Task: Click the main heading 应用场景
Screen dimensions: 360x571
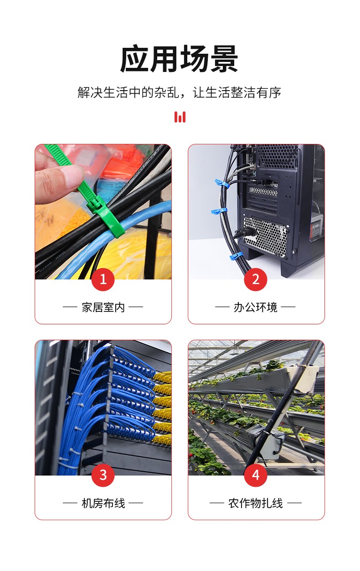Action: (179, 59)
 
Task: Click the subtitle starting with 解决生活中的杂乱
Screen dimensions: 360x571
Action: (180, 92)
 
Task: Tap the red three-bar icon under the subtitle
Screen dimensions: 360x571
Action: (180, 117)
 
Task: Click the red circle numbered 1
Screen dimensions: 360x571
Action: (103, 279)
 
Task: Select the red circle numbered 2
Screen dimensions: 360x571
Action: (256, 279)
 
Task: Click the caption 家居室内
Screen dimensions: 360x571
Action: (103, 307)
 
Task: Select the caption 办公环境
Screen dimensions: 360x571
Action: (255, 307)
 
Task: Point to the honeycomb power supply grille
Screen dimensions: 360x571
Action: (265, 235)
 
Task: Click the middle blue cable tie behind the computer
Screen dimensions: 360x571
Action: (219, 211)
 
